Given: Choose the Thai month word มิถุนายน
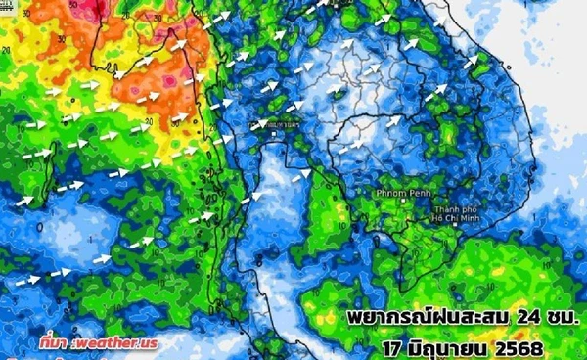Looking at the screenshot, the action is (x=441, y=346).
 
